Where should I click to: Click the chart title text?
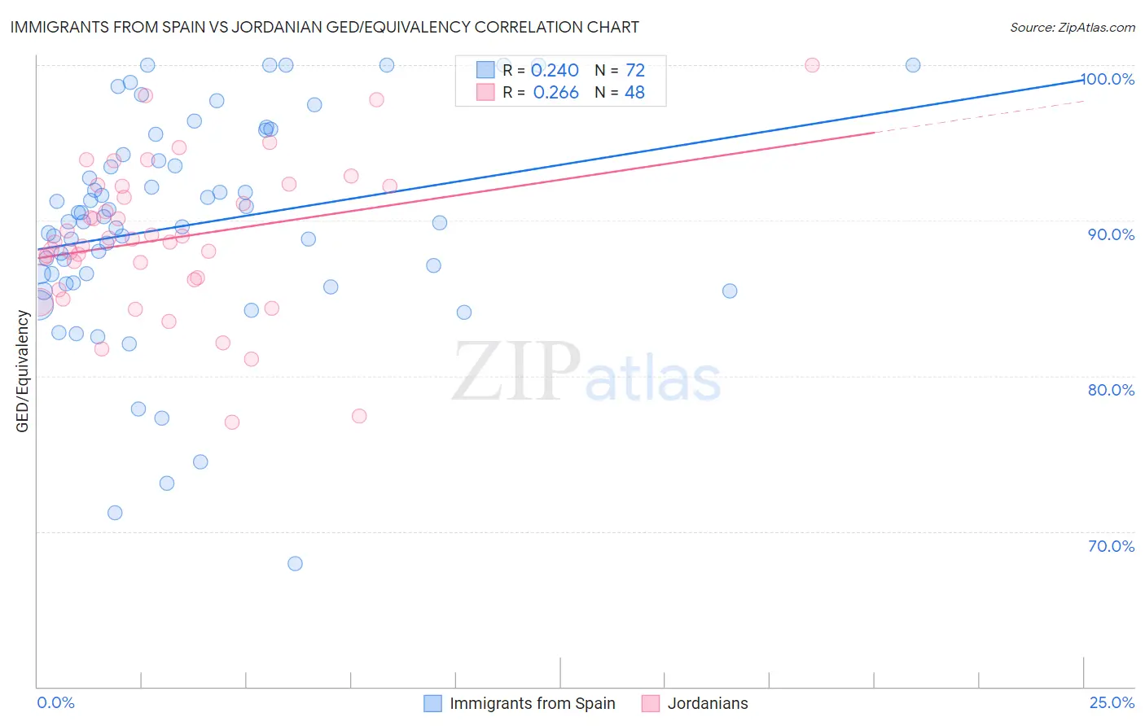324,27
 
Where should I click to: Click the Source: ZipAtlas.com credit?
1072,27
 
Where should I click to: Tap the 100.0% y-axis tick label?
1109,79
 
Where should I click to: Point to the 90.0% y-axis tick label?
1111,234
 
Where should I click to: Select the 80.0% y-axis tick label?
1111,390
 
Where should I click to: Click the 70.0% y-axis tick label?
1111,546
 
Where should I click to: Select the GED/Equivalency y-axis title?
23,371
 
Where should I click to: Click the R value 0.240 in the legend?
555,71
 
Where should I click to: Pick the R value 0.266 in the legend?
555,93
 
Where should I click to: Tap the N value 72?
635,71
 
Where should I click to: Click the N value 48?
634,93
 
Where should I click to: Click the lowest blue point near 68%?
295,564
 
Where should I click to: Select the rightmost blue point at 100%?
913,65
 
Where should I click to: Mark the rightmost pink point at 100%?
812,65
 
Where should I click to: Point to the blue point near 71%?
115,513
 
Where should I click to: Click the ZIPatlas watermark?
586,373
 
